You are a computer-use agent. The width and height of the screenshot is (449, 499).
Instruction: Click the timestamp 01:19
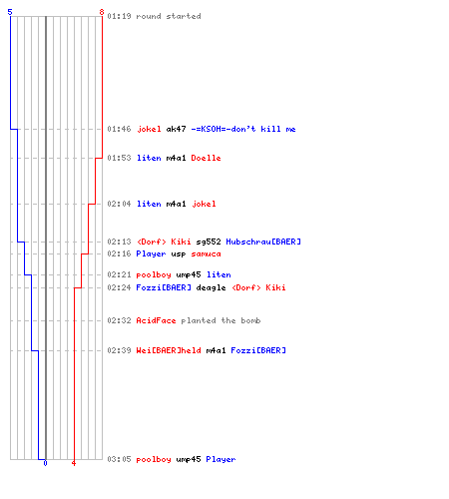(x=119, y=16)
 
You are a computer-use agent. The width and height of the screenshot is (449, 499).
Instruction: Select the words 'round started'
(x=169, y=16)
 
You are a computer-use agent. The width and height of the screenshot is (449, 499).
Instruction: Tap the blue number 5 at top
(x=10, y=12)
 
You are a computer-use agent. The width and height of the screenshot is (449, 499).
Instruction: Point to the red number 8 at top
(x=102, y=12)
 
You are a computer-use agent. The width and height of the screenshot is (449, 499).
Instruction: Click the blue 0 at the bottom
(x=45, y=463)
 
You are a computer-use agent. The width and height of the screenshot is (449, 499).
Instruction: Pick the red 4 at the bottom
(x=74, y=463)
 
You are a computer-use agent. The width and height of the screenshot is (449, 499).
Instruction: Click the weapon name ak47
(x=176, y=129)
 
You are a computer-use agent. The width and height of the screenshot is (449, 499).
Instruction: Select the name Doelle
(x=206, y=158)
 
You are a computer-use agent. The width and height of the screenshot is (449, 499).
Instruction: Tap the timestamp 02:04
(x=119, y=204)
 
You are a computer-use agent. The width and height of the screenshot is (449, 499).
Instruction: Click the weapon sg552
(x=209, y=242)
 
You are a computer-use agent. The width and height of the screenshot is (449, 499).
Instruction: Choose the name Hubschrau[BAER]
(x=263, y=242)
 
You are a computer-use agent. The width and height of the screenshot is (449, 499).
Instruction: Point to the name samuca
(x=206, y=253)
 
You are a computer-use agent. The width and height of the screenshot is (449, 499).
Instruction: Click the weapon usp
(x=179, y=253)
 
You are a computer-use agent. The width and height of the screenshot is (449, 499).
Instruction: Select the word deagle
(x=211, y=287)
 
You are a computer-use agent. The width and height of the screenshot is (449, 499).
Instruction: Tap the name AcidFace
(x=156, y=320)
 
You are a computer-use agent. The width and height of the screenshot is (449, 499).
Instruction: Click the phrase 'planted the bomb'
(x=221, y=320)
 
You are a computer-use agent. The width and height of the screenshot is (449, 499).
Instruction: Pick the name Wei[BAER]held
(x=169, y=350)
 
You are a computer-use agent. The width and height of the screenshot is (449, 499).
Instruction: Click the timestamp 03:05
(x=119, y=459)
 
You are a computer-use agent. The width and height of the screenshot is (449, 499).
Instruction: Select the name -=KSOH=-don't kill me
(x=243, y=129)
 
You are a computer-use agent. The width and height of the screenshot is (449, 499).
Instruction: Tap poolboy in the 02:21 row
(x=154, y=274)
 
